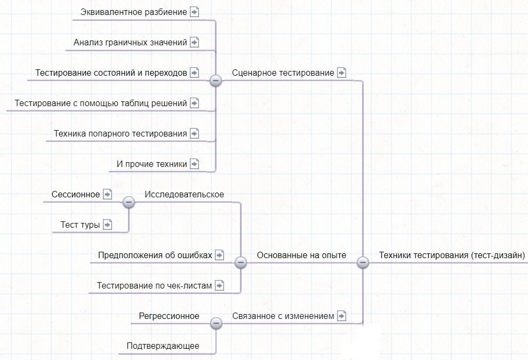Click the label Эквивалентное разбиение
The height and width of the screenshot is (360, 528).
point(134,12)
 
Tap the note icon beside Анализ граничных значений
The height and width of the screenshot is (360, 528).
point(194,43)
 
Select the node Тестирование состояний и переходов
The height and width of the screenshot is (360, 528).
point(111,73)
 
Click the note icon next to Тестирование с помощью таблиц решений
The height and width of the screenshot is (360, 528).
point(194,103)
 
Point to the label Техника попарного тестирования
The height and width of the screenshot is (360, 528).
point(121,134)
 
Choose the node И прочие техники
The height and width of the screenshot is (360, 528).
point(152,164)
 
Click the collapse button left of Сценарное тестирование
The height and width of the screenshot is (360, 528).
point(215,81)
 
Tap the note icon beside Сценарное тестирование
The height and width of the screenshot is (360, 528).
point(341,73)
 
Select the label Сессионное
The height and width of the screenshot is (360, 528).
point(76,194)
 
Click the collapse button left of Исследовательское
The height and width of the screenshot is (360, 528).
point(129,202)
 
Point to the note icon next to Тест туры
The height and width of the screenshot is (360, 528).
point(107,225)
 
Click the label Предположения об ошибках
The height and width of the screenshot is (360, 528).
point(155,255)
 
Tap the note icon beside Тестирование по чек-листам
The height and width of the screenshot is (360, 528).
point(219,285)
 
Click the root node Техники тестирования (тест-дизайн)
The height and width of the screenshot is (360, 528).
point(452,255)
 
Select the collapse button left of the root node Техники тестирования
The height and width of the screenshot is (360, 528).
point(363,262)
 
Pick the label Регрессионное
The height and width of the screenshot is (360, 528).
point(169,316)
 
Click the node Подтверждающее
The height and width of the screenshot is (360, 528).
point(163,346)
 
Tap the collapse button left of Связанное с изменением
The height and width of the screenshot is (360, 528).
point(216,323)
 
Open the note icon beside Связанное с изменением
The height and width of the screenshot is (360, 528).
point(341,316)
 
